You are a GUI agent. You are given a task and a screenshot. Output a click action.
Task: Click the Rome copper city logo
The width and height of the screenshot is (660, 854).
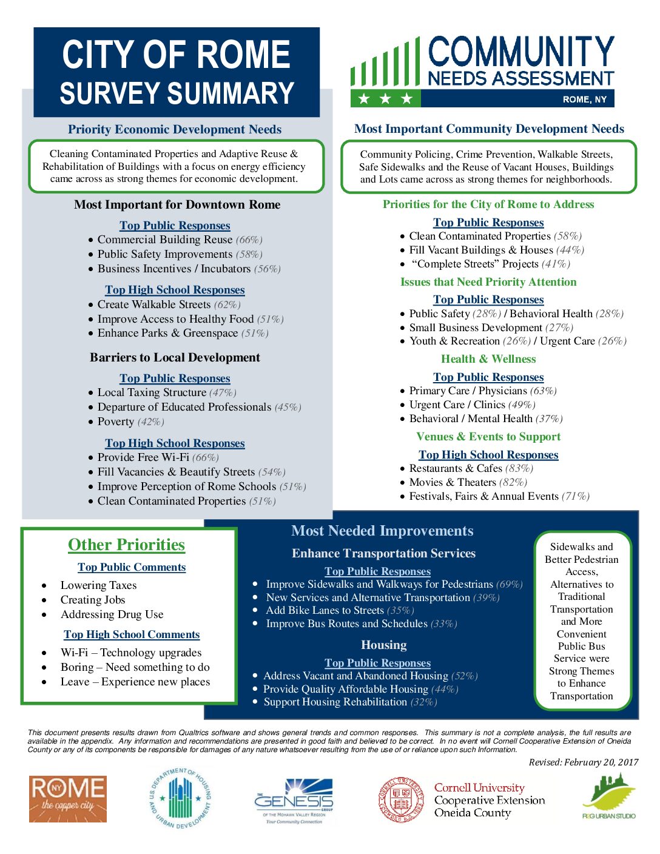(68, 798)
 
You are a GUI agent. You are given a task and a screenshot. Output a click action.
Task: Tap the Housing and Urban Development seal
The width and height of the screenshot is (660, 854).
(181, 798)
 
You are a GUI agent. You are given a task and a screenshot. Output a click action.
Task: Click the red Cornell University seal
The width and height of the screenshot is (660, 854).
(401, 800)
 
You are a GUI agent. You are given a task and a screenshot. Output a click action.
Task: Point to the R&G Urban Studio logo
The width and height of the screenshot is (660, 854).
(608, 797)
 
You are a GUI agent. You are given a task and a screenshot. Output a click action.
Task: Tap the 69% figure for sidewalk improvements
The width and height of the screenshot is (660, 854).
(509, 584)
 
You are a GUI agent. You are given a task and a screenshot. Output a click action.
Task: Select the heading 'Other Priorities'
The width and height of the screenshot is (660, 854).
(126, 545)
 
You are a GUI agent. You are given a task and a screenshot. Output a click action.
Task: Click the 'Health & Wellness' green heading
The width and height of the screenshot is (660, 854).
(488, 359)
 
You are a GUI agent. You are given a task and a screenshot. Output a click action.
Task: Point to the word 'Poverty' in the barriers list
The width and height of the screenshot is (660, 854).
(116, 422)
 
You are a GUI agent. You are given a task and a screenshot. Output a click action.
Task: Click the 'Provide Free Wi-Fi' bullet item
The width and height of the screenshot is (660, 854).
(143, 457)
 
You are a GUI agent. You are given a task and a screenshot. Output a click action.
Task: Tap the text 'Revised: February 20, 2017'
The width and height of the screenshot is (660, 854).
(583, 762)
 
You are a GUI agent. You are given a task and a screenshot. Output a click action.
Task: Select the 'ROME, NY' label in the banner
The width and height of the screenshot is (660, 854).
(584, 99)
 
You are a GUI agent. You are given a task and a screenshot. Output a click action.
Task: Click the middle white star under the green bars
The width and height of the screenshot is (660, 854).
(385, 98)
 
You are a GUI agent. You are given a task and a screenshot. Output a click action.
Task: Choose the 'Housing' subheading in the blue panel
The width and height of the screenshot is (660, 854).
(383, 645)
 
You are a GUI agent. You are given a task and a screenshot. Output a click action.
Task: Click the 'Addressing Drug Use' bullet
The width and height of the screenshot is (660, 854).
(112, 614)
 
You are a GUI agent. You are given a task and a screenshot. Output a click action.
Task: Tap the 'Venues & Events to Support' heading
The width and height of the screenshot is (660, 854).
(488, 437)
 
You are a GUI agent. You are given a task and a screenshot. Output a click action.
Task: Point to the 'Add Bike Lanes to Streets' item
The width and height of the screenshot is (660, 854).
(325, 610)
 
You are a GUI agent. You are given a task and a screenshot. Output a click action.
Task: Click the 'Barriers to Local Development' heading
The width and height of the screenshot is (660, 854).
(175, 357)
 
